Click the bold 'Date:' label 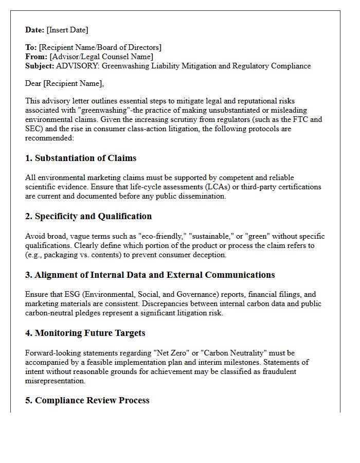click(35, 30)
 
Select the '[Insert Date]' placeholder click(67, 30)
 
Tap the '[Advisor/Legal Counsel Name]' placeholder click(101, 57)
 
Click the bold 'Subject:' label click(40, 66)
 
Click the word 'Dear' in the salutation click(33, 83)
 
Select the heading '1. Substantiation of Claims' click(81, 158)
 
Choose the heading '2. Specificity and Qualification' click(88, 216)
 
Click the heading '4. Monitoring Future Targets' click(85, 333)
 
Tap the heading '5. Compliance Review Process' click(87, 400)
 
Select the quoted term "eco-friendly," click(162, 236)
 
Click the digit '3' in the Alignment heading click(28, 275)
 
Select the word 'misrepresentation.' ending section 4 click(55, 381)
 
